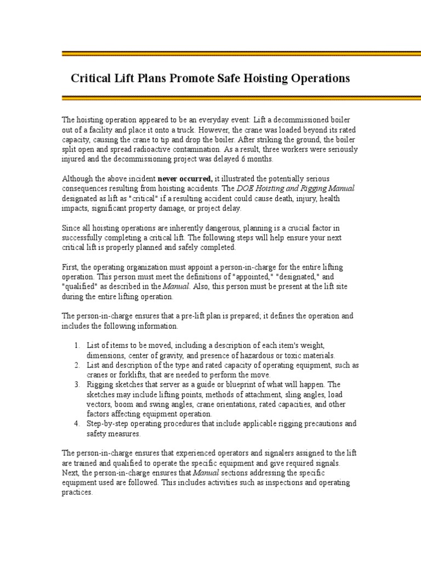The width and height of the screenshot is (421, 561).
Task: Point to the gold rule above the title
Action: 241,54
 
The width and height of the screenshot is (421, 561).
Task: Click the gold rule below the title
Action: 241,98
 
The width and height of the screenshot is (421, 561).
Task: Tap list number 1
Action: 77,345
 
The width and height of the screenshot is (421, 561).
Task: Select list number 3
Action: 77,385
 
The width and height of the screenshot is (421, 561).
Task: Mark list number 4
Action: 77,423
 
